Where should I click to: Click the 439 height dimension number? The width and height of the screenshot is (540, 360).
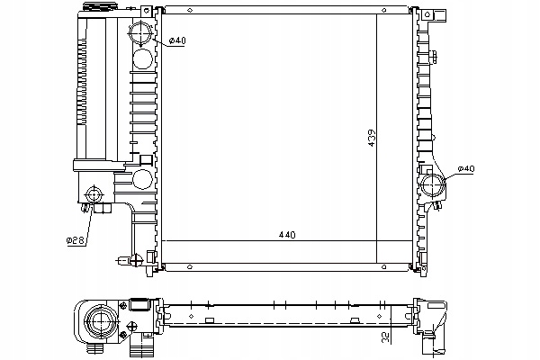pyautogui.click(x=372, y=138)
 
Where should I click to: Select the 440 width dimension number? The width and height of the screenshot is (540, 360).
pyautogui.click(x=287, y=235)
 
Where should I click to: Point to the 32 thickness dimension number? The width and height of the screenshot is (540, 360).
pyautogui.click(x=387, y=337)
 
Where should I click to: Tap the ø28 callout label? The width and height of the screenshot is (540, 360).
pyautogui.click(x=75, y=240)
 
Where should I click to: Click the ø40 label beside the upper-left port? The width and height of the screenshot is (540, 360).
pyautogui.click(x=177, y=40)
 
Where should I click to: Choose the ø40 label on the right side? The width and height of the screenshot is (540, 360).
pyautogui.click(x=466, y=169)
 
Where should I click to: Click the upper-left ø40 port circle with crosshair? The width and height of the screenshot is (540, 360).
pyautogui.click(x=140, y=31)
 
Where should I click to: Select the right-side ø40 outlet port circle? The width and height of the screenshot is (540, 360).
pyautogui.click(x=433, y=185)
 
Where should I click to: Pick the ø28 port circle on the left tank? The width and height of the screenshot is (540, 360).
pyautogui.click(x=94, y=194)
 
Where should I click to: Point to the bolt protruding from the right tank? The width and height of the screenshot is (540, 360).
pyautogui.click(x=434, y=57)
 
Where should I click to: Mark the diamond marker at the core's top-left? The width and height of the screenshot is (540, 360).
pyautogui.click(x=189, y=10)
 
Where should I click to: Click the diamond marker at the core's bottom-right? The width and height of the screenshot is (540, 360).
pyautogui.click(x=384, y=267)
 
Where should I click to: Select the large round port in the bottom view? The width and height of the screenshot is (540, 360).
pyautogui.click(x=101, y=321)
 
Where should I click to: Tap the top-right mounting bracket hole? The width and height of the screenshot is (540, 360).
pyautogui.click(x=427, y=14)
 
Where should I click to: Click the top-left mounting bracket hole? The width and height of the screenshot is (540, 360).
pyautogui.click(x=147, y=11)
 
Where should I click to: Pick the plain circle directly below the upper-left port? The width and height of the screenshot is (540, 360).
pyautogui.click(x=142, y=58)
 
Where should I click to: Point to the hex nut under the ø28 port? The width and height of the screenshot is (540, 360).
pyautogui.click(x=103, y=208)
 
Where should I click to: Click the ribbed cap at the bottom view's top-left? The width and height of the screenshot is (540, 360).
pyautogui.click(x=139, y=305)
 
